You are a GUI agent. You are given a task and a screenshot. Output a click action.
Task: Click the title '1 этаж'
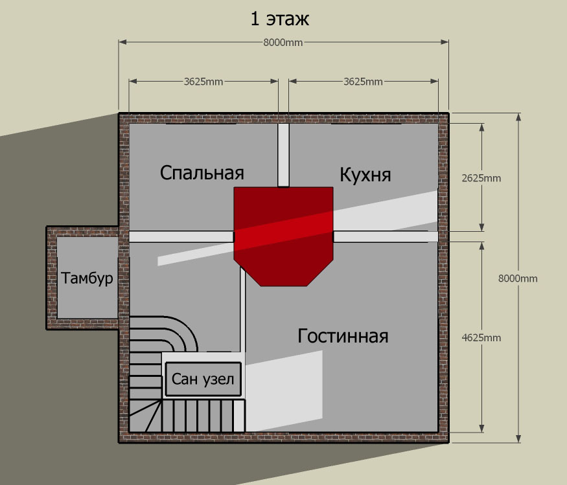(x=280, y=19)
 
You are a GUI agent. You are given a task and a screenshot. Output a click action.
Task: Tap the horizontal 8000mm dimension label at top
(x=283, y=43)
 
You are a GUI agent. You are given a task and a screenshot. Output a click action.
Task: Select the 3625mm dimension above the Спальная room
(x=203, y=82)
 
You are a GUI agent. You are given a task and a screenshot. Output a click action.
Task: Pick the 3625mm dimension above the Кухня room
(x=363, y=82)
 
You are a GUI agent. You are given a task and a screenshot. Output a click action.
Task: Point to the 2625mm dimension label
(x=481, y=178)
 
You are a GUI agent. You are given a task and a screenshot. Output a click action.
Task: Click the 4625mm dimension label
(x=481, y=338)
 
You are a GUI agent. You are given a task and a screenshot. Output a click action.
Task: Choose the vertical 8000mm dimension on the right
(x=518, y=278)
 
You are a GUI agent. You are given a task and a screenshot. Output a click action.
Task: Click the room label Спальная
(x=202, y=173)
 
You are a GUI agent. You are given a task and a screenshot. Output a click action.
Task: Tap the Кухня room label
(x=365, y=175)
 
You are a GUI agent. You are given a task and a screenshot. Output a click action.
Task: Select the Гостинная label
(x=343, y=336)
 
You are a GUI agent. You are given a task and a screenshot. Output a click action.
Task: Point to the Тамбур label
(x=87, y=278)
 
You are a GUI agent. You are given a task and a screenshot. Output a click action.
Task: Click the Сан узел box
(x=203, y=379)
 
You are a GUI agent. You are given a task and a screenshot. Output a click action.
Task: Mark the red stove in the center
(x=284, y=237)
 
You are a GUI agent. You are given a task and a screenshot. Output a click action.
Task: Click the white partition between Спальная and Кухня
(x=284, y=155)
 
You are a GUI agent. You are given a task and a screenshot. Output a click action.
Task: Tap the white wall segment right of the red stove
(x=386, y=237)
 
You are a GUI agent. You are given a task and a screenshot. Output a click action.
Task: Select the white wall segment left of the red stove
(x=181, y=237)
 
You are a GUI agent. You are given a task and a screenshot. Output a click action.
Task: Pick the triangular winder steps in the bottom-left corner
(x=145, y=416)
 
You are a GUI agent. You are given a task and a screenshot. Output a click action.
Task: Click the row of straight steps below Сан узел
(x=203, y=415)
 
